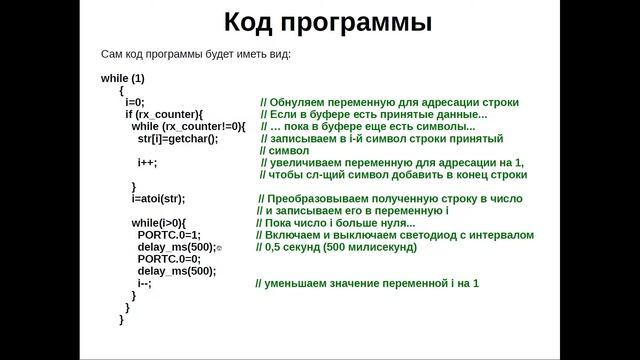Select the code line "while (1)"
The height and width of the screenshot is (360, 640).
point(123,78)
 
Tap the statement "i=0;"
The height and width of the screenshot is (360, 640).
point(135,102)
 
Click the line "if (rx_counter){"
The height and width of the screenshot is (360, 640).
point(164,115)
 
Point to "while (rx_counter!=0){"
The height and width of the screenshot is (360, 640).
point(188,127)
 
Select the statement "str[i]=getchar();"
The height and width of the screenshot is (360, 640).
point(177,139)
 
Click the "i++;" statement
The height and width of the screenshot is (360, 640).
point(147,162)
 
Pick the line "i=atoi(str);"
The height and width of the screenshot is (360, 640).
point(158,198)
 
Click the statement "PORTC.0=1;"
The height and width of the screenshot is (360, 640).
point(169,234)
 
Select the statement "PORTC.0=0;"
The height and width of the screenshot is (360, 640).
point(169,258)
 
